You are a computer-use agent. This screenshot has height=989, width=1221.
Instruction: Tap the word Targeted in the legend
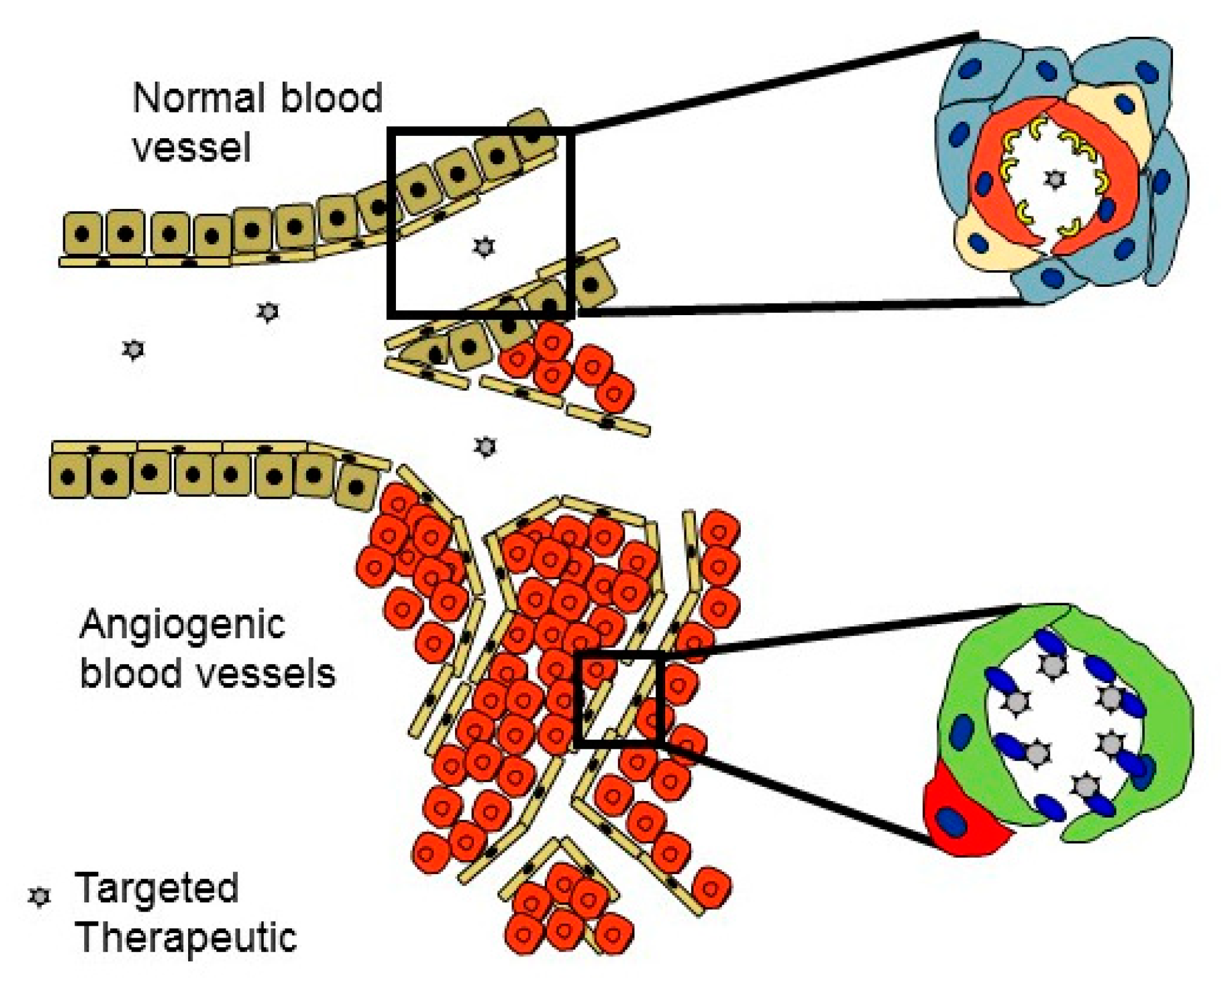(x=156, y=889)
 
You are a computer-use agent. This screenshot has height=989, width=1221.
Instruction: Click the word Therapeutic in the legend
(x=186, y=938)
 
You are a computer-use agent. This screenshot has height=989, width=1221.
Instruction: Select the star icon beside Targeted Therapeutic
(x=40, y=897)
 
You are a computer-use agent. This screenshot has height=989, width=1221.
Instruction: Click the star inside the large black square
(x=484, y=247)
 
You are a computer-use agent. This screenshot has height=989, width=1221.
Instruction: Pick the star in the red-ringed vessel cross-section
(x=1055, y=179)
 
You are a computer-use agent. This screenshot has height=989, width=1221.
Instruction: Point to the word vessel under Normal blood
(x=192, y=148)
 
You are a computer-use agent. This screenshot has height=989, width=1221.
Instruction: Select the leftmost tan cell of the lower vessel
(x=69, y=476)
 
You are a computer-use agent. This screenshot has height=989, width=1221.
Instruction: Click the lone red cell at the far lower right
(x=711, y=888)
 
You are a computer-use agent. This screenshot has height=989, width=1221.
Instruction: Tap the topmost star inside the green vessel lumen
(x=1053, y=665)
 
